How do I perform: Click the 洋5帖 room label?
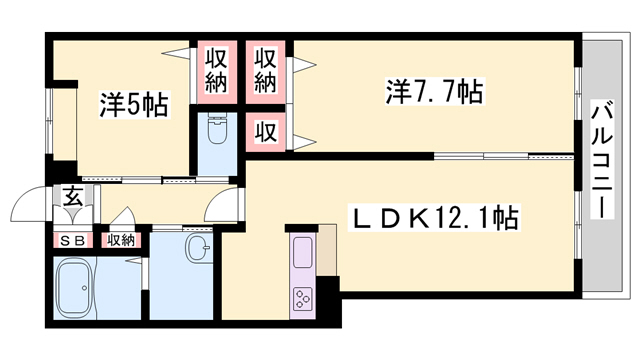tap(134, 104)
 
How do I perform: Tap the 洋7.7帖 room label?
tap(435, 92)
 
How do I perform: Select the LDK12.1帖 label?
tap(433, 218)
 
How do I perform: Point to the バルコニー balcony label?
tap(602, 159)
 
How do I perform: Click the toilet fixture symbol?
tap(217, 129)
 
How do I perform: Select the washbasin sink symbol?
tap(199, 247)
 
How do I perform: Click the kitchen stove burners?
tap(302, 298)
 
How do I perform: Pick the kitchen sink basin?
tap(302, 252)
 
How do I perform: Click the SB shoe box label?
tap(73, 241)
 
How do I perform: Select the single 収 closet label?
tap(266, 131)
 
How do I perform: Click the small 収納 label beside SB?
tap(121, 241)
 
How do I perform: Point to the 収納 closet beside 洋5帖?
tap(216, 71)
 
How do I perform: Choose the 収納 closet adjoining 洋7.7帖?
tap(266, 71)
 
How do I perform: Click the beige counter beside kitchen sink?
tap(327, 250)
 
